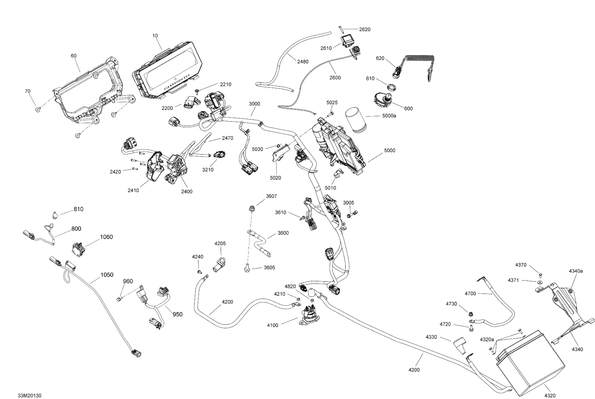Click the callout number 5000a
click(389, 116)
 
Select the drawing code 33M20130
click(30, 395)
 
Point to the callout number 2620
click(365, 30)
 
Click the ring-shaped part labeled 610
click(391, 88)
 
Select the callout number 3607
click(271, 196)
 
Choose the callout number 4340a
click(576, 271)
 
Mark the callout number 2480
click(303, 62)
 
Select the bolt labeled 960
click(119, 299)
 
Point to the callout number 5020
click(275, 178)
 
